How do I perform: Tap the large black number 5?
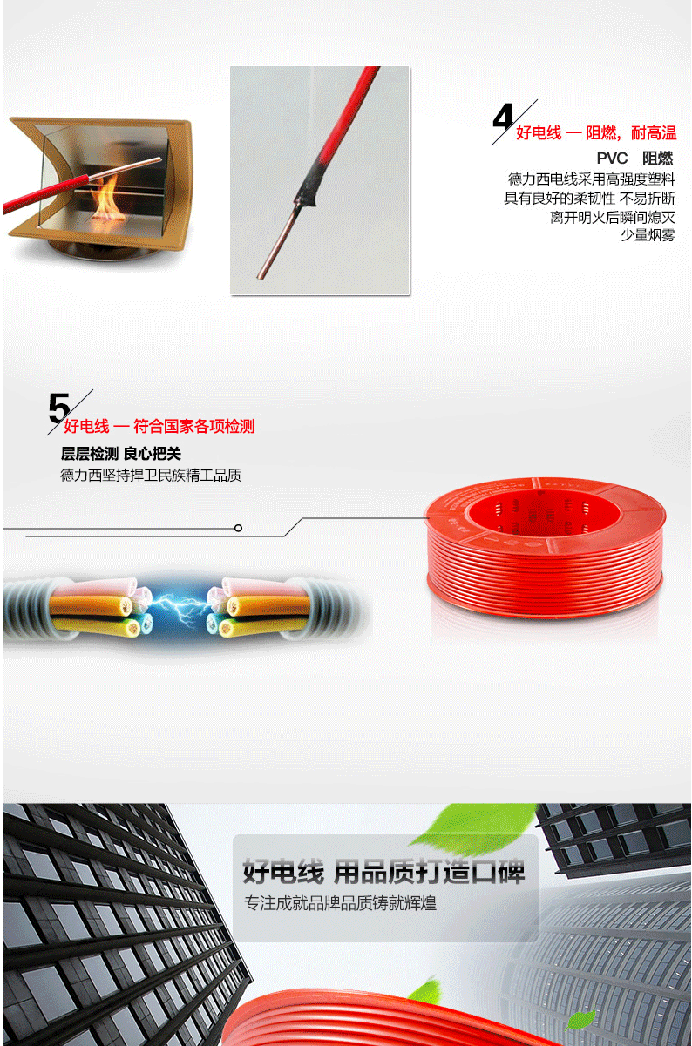tap(59, 408)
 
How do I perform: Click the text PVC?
tap(612, 159)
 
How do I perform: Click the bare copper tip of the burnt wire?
tap(275, 242)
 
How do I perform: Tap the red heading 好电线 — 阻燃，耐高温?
tap(596, 133)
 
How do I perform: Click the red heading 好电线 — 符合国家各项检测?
tap(159, 426)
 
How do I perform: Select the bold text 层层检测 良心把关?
tap(121, 453)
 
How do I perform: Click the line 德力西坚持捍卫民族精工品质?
tap(151, 475)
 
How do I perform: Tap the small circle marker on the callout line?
tap(238, 528)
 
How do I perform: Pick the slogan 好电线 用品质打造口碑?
tap(383, 871)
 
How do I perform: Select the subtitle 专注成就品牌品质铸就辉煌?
tap(340, 902)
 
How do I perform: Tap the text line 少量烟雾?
tap(648, 235)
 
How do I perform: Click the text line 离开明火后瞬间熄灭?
tap(612, 217)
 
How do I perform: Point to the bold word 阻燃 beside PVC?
tap(657, 159)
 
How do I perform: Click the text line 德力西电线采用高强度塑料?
tap(592, 179)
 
